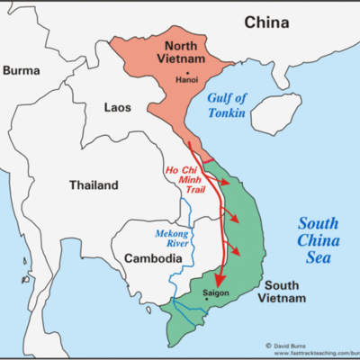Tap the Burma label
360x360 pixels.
coord(23,69)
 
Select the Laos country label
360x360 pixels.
coord(118,107)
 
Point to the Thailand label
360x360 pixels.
coord(94,185)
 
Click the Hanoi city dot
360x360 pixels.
coord(186,71)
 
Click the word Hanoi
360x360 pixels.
coord(186,79)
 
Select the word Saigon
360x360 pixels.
coord(217,294)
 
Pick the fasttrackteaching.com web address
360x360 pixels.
coord(311,354)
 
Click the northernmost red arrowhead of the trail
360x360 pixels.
coord(223,181)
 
